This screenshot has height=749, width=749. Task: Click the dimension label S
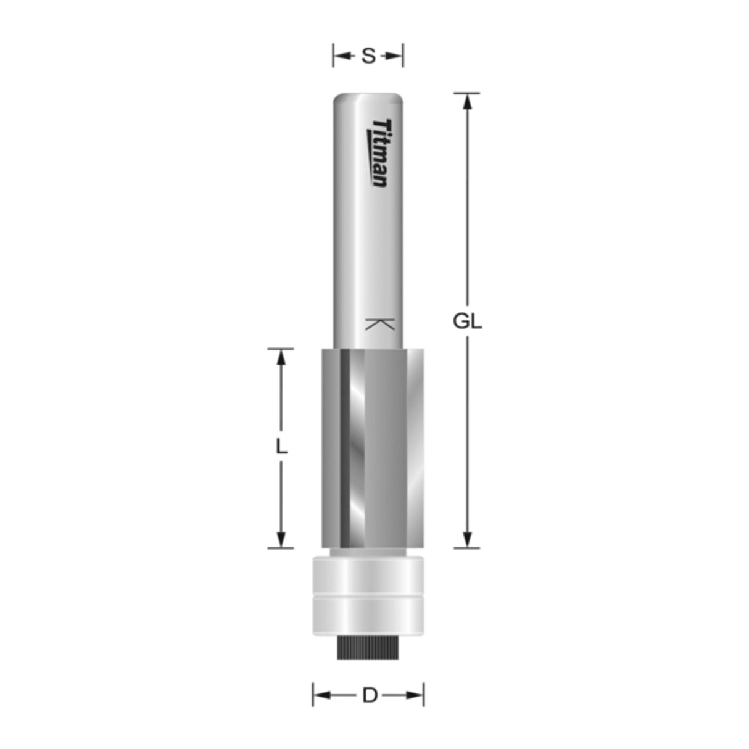click(368, 56)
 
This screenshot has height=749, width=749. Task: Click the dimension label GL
click(467, 321)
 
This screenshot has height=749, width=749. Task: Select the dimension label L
click(281, 446)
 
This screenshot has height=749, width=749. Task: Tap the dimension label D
click(369, 696)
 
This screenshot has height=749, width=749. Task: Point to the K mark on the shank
click(379, 324)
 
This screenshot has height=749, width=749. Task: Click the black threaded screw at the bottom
click(368, 647)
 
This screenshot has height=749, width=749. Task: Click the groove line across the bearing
click(368, 595)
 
